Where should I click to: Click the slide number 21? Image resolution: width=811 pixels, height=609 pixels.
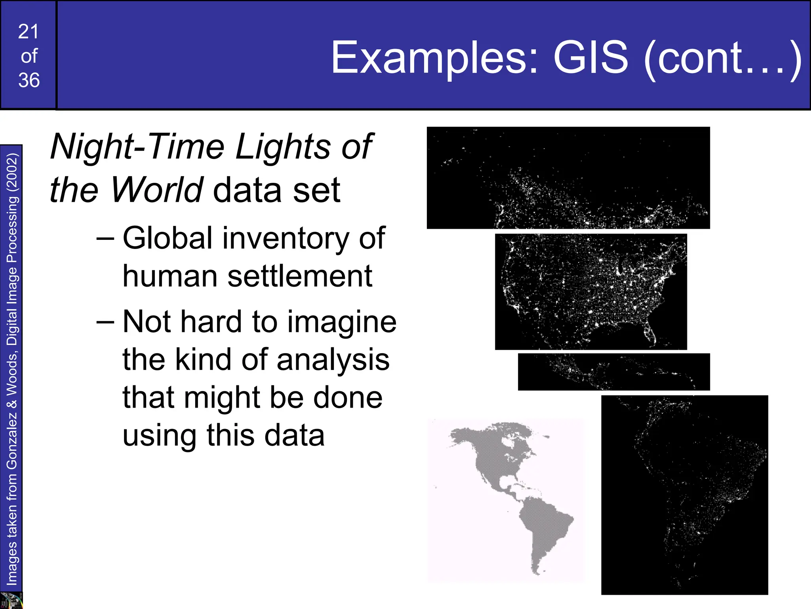pos(29,32)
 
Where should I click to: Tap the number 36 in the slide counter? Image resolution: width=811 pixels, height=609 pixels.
pos(29,80)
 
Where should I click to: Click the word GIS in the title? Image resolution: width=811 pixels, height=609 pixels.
pos(591,58)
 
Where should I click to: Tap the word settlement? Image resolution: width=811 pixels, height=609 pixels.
pos(300,276)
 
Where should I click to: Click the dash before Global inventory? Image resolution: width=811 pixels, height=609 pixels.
pos(105,238)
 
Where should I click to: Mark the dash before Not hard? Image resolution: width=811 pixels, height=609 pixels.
pos(105,322)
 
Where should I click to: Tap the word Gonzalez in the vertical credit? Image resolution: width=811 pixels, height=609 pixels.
pos(12,440)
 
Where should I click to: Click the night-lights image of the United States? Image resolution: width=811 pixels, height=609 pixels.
pos(590,291)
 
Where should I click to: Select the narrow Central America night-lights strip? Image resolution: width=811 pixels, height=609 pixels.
pos(613,372)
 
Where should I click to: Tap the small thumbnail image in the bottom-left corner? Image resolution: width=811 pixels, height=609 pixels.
pos(11,600)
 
